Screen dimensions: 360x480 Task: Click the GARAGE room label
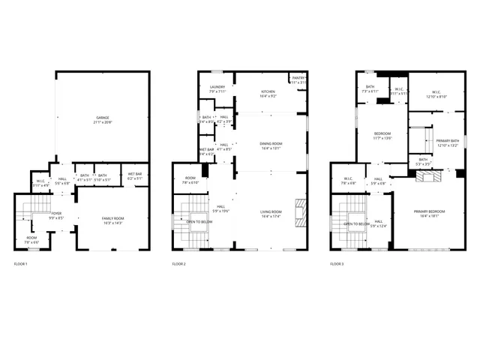[102, 118]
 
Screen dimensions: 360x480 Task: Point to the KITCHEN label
[268, 91]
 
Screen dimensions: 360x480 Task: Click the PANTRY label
[298, 77]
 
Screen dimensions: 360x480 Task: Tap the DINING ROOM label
[270, 144]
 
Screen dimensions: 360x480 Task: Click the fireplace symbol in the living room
[301, 211]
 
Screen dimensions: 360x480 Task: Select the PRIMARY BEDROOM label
[430, 211]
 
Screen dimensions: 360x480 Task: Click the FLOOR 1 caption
[21, 264]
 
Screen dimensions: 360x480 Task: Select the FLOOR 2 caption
[178, 264]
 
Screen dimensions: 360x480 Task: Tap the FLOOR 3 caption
[337, 264]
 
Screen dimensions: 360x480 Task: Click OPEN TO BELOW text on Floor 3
[355, 223]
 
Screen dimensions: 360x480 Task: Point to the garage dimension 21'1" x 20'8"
[102, 122]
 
